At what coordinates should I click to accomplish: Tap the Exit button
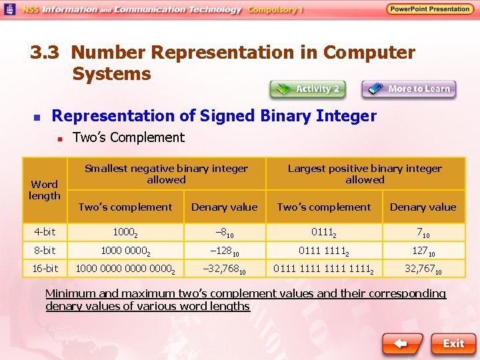(453, 343)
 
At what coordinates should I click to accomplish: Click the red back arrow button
(402, 343)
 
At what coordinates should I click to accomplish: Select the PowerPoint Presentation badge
(430, 9)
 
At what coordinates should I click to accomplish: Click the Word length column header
(45, 190)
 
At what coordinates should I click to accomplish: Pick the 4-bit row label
(45, 232)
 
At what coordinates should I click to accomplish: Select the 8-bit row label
(45, 251)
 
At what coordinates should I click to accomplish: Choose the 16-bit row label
(45, 269)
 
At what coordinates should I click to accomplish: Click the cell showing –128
(224, 251)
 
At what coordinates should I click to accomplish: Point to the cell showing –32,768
(224, 269)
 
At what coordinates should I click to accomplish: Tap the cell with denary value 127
(423, 251)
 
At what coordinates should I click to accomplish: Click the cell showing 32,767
(423, 269)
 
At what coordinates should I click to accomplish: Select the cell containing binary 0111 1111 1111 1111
(324, 269)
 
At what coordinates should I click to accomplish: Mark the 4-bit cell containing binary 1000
(125, 233)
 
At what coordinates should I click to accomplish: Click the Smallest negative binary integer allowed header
(166, 174)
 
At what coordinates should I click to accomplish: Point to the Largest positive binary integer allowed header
(365, 174)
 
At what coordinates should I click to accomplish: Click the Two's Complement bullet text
(128, 137)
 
